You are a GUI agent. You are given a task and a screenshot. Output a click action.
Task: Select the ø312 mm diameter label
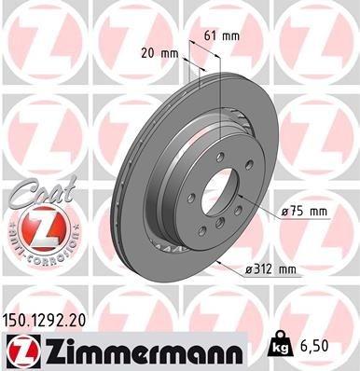tap(270, 270)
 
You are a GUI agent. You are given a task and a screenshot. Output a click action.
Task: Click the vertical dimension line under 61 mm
tap(219, 75)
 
